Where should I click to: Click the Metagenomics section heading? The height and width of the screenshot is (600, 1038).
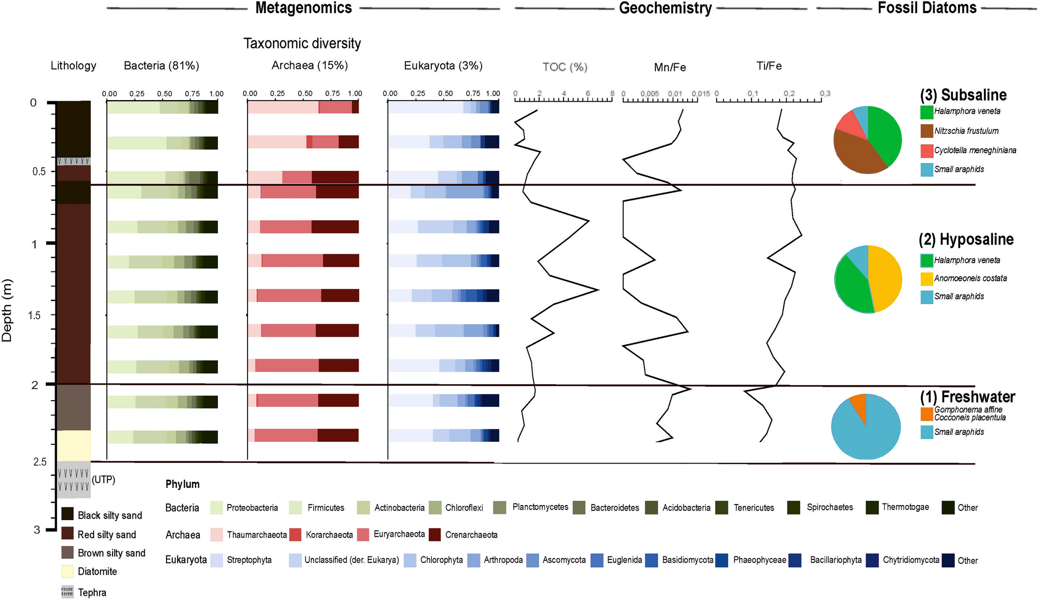coord(304,8)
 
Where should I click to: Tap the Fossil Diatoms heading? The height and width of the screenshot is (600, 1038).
coord(927,8)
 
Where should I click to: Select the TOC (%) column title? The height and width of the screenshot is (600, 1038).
coord(565,67)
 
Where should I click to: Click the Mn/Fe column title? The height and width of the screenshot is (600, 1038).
coord(670,67)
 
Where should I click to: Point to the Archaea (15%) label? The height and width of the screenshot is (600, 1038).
coord(310,65)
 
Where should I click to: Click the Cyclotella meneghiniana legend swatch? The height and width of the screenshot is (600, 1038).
coord(927,151)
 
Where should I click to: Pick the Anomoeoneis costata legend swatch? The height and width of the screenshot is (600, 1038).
coord(927,279)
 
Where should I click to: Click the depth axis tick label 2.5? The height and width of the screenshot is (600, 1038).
coord(40,462)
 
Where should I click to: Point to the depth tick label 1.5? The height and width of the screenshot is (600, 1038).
coord(34,316)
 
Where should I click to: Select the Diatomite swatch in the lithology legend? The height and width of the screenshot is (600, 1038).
coord(67,571)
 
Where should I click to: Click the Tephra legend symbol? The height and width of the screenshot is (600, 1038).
coord(67,592)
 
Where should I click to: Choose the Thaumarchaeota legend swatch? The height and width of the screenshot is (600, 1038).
coord(216,535)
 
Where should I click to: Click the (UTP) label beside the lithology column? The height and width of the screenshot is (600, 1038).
coord(103,480)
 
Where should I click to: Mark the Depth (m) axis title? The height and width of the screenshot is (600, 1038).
coord(7,310)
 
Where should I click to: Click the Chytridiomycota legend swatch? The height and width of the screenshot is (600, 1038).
coord(872,561)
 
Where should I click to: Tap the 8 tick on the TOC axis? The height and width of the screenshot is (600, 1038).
coord(612,94)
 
